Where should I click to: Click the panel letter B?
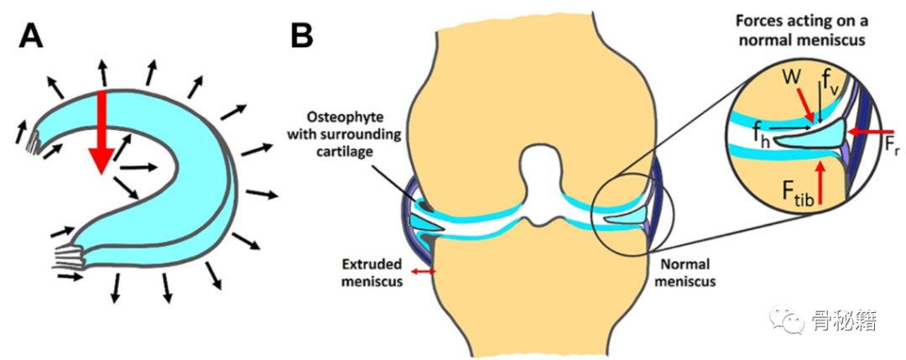point(302,36)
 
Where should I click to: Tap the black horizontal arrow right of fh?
point(792,128)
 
